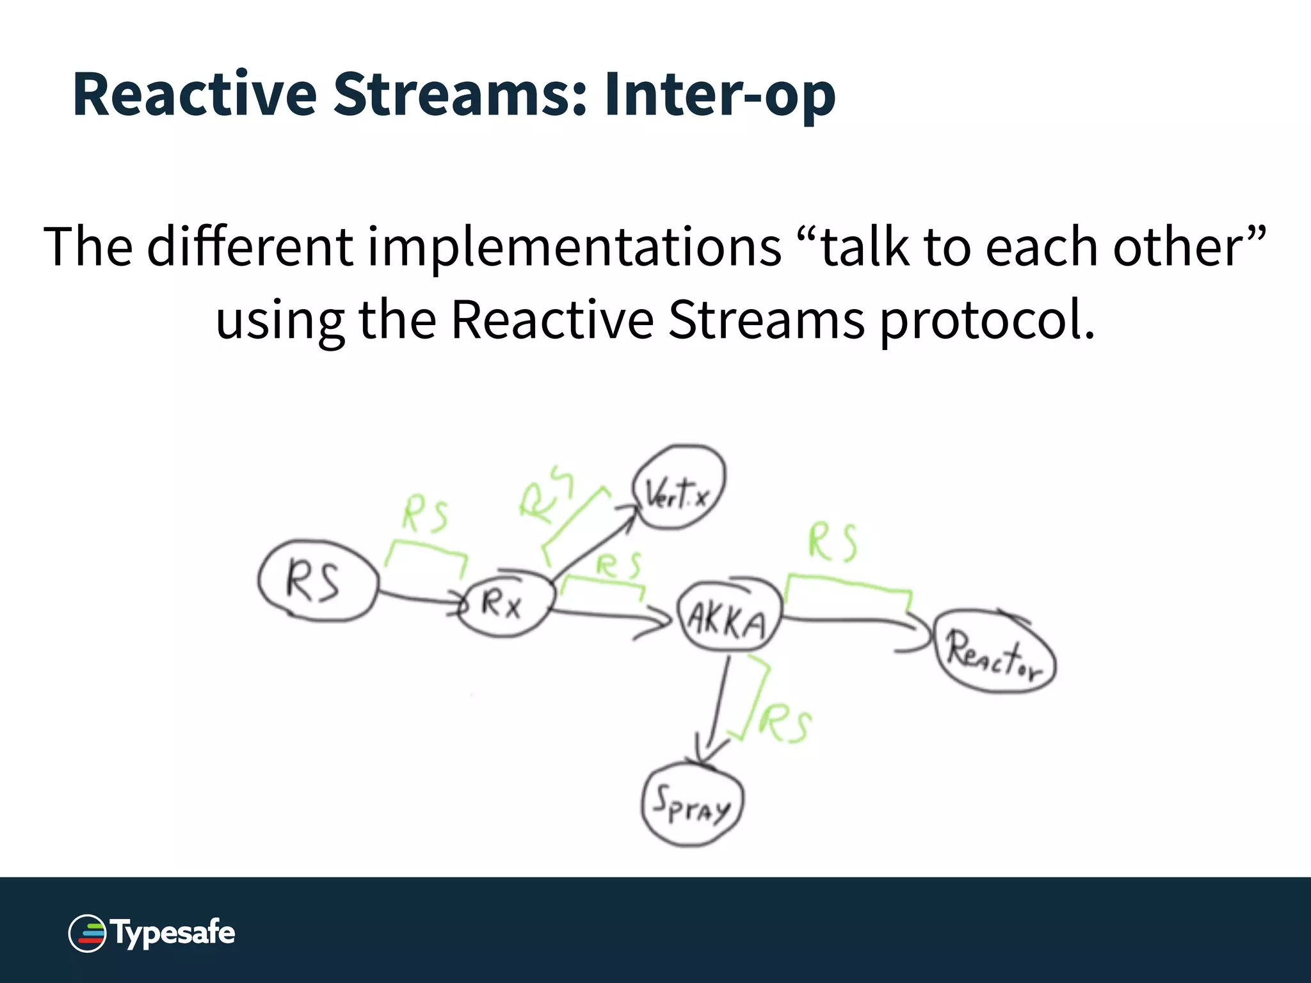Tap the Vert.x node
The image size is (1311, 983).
(679, 488)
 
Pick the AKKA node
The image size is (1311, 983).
(728, 618)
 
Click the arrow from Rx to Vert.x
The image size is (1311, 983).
(592, 541)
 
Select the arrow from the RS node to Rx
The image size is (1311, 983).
(419, 598)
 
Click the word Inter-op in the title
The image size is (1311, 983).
(720, 95)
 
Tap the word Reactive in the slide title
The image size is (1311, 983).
(195, 95)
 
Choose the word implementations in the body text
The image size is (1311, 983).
(574, 248)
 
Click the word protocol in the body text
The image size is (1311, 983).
(986, 321)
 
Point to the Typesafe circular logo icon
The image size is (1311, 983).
(87, 933)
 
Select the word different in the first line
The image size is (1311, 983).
(250, 248)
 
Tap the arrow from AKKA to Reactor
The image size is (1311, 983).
(845, 619)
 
